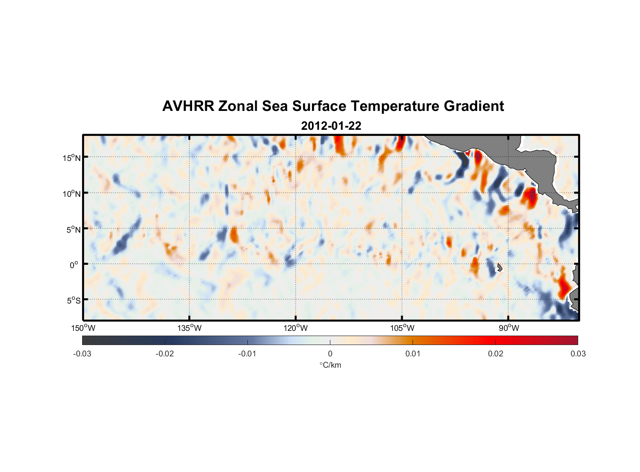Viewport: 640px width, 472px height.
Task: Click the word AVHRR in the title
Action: pos(188,106)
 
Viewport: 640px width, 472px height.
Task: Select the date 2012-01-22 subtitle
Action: pos(331,126)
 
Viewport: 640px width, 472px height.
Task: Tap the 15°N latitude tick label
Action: pos(72,158)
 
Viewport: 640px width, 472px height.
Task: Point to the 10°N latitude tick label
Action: pos(72,194)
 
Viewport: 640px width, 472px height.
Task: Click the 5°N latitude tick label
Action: pos(73,229)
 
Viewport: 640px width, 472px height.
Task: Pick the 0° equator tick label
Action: pos(74,265)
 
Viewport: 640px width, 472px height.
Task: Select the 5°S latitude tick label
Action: pos(73,301)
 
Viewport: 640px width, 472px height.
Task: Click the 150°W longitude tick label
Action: pos(84,328)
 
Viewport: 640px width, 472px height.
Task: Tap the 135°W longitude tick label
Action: pos(190,328)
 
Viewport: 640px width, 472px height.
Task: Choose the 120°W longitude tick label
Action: pos(296,328)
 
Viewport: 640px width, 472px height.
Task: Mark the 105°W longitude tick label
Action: pos(402,328)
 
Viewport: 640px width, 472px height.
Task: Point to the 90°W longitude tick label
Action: pos(509,328)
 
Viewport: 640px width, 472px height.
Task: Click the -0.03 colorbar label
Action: pos(82,354)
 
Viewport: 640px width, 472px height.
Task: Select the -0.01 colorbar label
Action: pos(247,354)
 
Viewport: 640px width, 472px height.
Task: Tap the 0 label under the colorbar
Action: pos(330,354)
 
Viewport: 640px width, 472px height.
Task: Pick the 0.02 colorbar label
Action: pos(496,354)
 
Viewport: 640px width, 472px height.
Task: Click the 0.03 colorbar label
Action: pos(578,354)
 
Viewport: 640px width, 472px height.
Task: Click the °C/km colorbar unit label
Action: pos(330,365)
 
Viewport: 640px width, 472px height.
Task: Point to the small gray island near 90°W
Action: pos(499,268)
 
